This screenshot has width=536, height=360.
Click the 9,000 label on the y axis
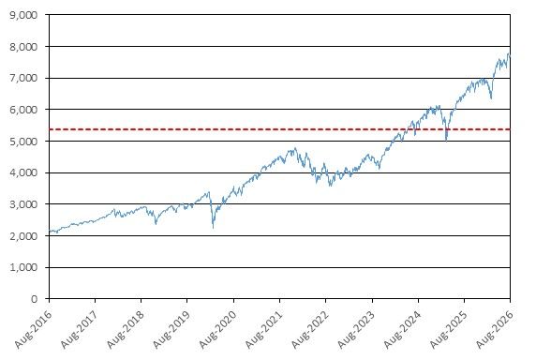pos(23,15)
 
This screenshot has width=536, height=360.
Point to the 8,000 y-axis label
pos(23,47)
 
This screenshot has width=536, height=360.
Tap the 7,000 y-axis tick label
pos(23,79)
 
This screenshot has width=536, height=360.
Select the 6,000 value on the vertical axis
pos(23,110)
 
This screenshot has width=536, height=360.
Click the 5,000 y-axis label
pos(23,142)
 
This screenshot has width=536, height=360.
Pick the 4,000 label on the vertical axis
pos(23,173)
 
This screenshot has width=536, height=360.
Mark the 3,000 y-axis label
pos(23,204)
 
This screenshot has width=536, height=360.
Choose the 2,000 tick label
pos(23,236)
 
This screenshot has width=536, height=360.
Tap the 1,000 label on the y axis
pos(23,268)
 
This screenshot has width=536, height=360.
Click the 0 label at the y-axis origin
pos(34,299)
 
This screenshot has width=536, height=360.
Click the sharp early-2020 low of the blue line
pos(214,228)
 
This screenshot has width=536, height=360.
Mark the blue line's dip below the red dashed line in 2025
pos(446,141)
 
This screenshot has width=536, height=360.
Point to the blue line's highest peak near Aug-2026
pos(508,54)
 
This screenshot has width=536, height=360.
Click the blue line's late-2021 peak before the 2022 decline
pos(295,148)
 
